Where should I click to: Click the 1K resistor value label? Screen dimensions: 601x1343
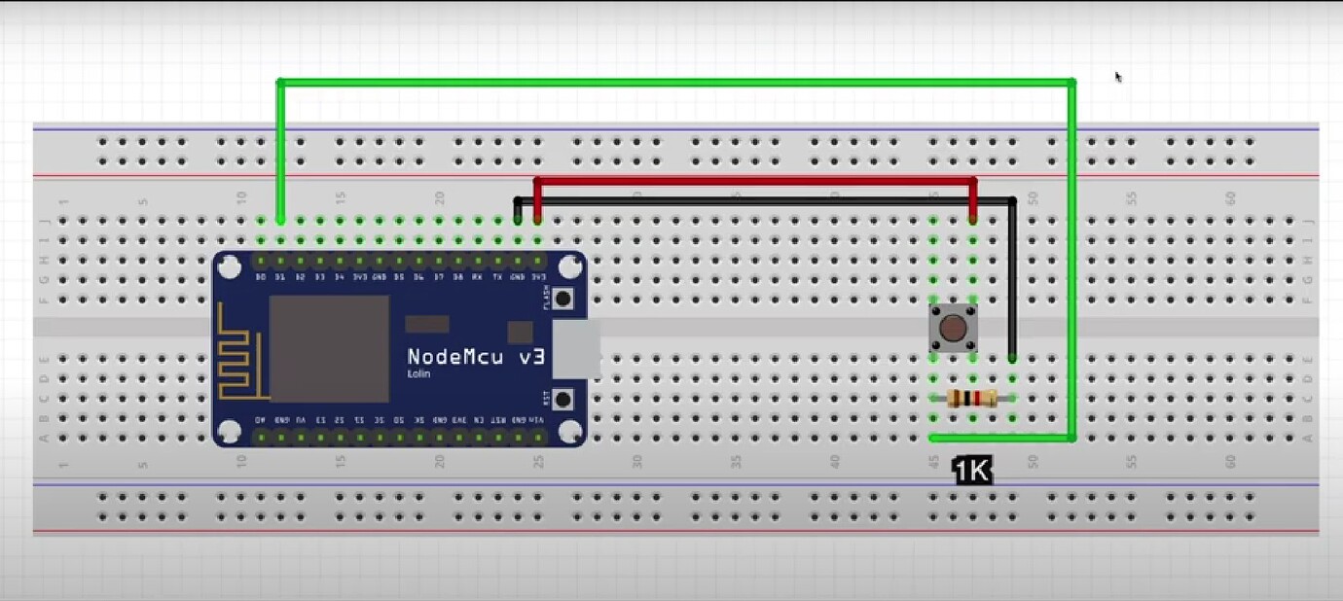point(972,472)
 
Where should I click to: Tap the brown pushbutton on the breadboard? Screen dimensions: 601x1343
point(953,328)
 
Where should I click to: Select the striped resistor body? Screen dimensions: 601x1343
point(971,397)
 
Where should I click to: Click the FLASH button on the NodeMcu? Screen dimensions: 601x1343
point(563,298)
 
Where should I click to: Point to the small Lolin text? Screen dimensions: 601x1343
point(419,374)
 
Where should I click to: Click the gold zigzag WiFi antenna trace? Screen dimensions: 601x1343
point(238,355)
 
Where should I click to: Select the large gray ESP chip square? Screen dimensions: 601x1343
point(329,348)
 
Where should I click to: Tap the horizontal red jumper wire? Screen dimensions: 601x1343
point(754,181)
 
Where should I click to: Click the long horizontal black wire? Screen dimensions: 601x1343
point(764,201)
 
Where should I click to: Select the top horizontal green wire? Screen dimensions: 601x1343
point(676,82)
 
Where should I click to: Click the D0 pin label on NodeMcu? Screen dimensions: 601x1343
point(261,277)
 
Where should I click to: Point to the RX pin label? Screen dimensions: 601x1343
point(477,277)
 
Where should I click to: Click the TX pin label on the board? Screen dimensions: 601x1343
point(497,277)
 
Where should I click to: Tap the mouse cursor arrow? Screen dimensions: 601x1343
point(1118,77)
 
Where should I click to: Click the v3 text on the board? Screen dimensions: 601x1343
point(530,357)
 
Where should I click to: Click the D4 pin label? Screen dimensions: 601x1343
point(339,277)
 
